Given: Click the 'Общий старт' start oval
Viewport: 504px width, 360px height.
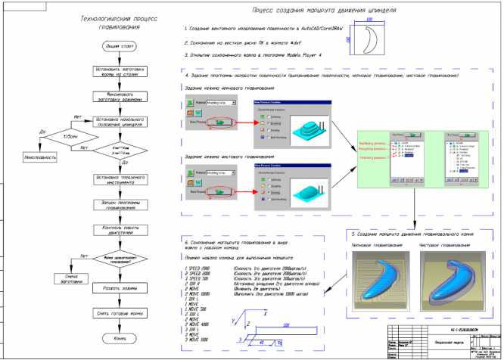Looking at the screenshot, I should click(x=114, y=47).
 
